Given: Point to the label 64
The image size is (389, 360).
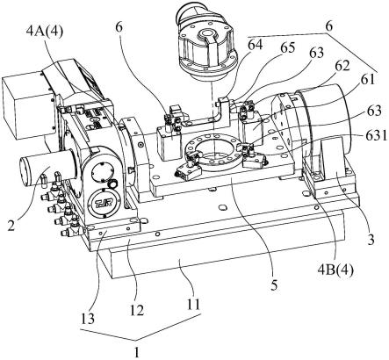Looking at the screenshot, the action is (255, 46).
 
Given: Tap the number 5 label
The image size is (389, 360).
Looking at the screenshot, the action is (274, 285).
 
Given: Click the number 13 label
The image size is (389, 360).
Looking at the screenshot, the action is (87, 319).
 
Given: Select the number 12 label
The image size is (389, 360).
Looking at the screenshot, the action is (137, 311).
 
